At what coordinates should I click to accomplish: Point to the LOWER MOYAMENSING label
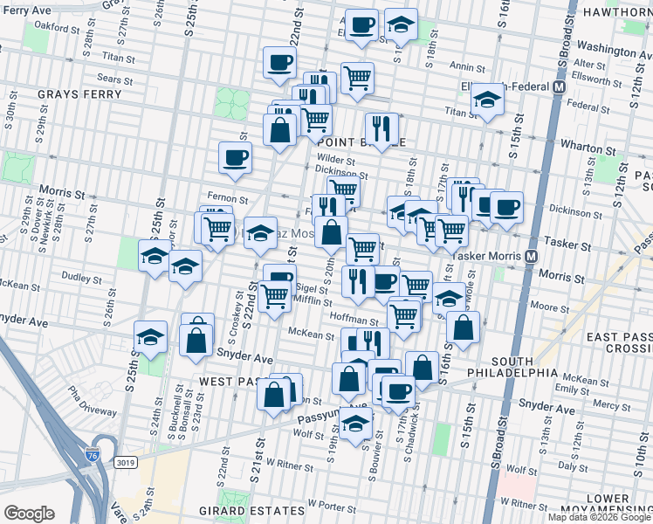point(615,505)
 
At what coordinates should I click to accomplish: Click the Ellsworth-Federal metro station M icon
point(560,87)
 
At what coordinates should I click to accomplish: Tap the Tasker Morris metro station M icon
point(530,257)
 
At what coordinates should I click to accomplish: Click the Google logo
point(29,514)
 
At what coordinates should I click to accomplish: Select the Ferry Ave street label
point(24,9)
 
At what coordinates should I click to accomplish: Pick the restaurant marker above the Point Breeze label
point(381,128)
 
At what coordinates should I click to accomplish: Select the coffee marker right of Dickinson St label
point(506,206)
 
